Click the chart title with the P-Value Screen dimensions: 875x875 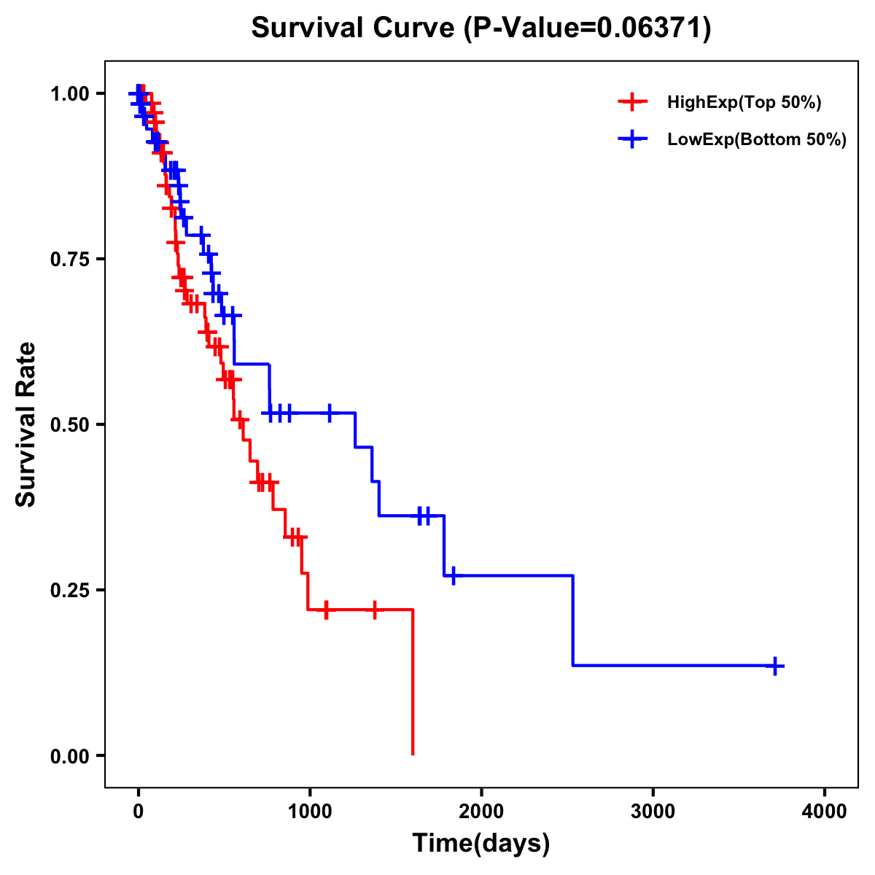(x=481, y=28)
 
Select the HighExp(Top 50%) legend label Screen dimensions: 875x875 (x=744, y=103)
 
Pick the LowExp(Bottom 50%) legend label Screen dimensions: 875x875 (x=757, y=140)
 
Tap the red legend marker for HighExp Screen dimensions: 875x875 (x=632, y=102)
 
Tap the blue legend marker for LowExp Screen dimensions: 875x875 (x=632, y=139)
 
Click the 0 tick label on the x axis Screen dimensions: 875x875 (x=138, y=812)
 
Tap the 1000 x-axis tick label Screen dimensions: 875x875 (x=309, y=812)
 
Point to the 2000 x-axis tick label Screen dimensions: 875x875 (x=481, y=812)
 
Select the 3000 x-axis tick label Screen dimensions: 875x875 (x=653, y=812)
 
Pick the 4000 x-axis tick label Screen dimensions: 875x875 (x=825, y=812)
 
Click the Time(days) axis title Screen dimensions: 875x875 (x=481, y=844)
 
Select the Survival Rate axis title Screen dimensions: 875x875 (x=26, y=424)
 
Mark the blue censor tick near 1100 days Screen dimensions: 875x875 (x=330, y=413)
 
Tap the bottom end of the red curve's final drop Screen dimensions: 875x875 (x=413, y=754)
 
